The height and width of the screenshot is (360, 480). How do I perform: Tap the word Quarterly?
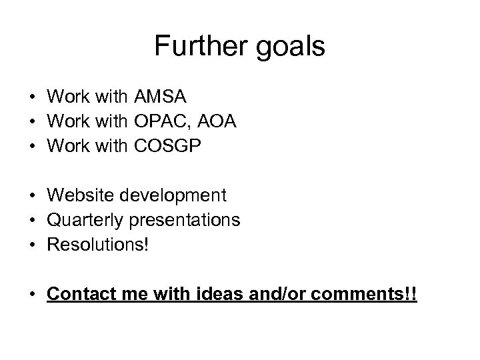tap(91, 220)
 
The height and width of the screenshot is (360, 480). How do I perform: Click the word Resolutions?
tap(99, 243)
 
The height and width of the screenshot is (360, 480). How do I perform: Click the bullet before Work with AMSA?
tap(32, 97)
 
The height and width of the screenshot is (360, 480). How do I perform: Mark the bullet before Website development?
tap(32, 196)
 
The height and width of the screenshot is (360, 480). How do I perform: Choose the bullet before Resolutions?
tap(32, 244)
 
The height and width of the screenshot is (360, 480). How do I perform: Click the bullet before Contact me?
tap(32, 294)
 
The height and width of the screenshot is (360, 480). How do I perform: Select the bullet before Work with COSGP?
tap(32, 145)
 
